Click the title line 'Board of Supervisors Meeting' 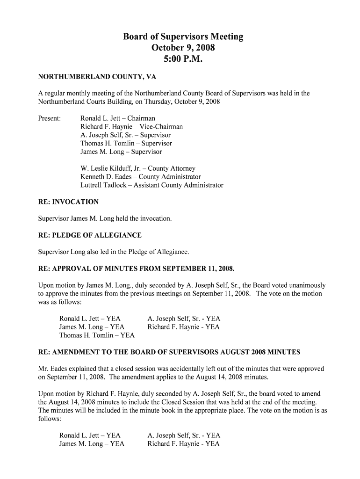click(x=183, y=36)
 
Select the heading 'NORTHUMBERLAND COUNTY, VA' click(x=97, y=76)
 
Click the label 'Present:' click(x=50, y=118)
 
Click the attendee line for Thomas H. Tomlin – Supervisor click(x=126, y=144)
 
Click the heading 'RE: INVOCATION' click(x=68, y=202)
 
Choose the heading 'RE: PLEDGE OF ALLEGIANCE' click(x=90, y=235)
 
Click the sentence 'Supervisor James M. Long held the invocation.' click(x=105, y=218)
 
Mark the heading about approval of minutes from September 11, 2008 click(x=136, y=269)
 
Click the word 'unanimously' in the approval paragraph click(x=304, y=285)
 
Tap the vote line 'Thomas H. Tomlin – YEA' click(x=97, y=335)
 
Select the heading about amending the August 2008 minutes click(x=169, y=352)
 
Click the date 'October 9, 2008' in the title click(x=183, y=48)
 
